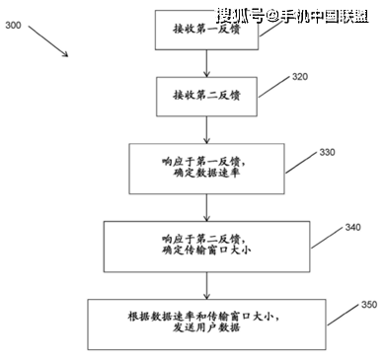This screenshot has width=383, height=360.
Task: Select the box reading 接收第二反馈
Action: (204, 95)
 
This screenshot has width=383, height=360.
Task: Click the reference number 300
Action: (15, 27)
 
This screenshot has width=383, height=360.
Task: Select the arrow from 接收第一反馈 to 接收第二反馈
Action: (204, 63)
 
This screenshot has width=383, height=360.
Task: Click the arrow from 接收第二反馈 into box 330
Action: (204, 129)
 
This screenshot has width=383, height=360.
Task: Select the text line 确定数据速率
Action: (204, 176)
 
